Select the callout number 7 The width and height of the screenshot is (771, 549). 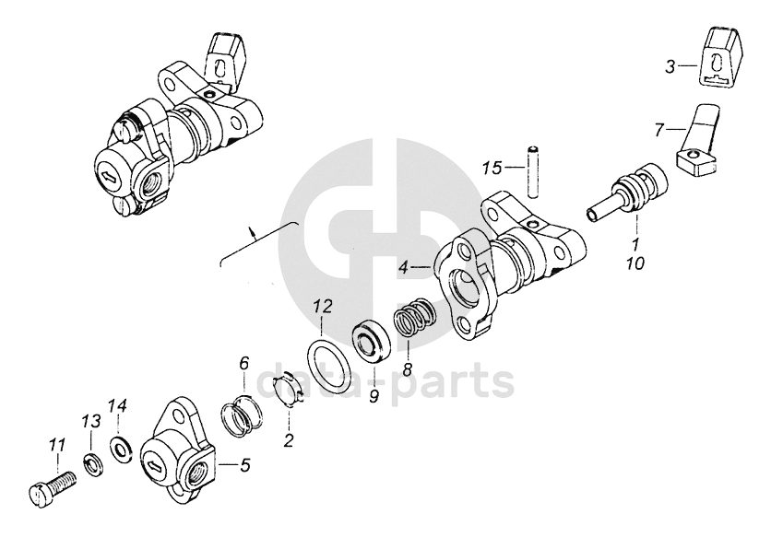point(658,130)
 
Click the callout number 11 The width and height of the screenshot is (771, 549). point(56,446)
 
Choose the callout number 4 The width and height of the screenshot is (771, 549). point(403,267)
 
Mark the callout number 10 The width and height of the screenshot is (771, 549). point(635,263)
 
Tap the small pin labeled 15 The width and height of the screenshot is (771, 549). point(531,169)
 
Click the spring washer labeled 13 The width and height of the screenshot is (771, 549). point(93,461)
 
